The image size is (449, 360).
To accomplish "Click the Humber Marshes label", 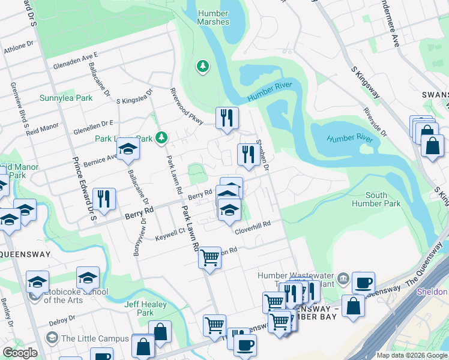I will [212, 18].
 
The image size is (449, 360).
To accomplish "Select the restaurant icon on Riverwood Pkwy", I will [227, 118].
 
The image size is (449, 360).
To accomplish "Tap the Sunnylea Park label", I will [66, 98].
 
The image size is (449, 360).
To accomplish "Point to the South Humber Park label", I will [384, 200].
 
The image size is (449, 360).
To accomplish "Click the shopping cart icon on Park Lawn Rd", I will [209, 258].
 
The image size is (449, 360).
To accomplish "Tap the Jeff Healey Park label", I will [139, 308].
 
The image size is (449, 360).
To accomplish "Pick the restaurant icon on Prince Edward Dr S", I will [104, 199].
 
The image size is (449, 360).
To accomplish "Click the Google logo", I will [20, 353].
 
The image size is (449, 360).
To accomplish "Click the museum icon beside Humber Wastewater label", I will [343, 278].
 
